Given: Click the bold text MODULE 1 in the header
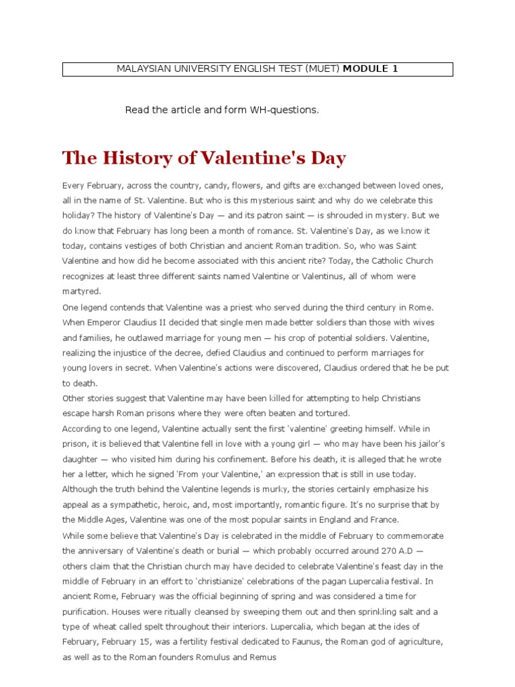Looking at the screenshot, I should tap(370, 69).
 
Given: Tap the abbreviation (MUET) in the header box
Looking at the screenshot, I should tap(322, 69).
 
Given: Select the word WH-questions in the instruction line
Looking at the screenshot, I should tap(284, 110).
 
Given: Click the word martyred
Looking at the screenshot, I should tap(82, 290).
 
